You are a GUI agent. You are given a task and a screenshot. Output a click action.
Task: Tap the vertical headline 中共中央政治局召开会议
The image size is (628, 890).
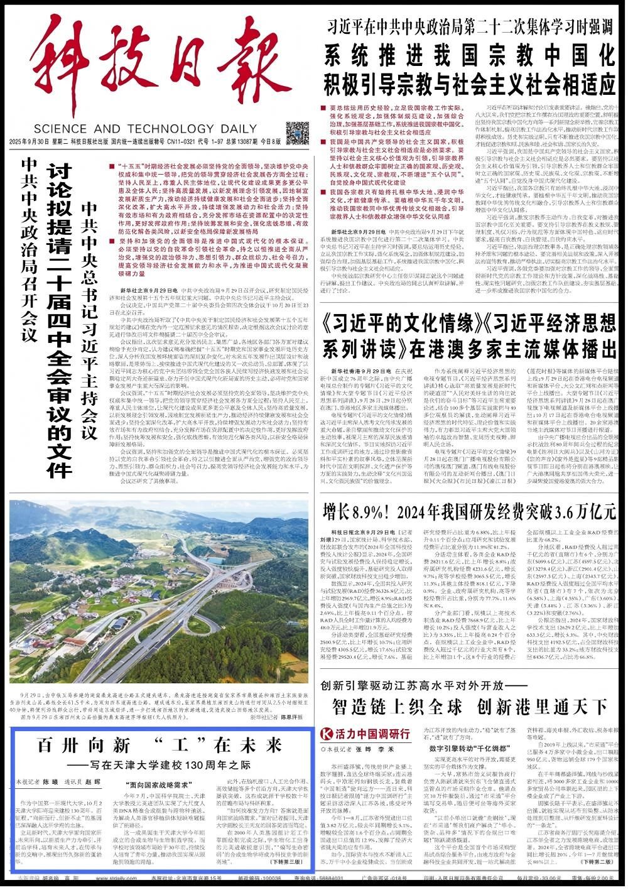tap(29, 248)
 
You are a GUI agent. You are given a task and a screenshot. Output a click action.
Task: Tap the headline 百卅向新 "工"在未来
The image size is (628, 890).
tap(160, 746)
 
